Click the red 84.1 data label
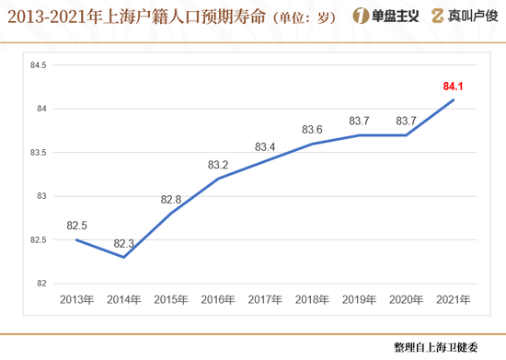pyautogui.click(x=453, y=87)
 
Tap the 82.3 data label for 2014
pyautogui.click(x=124, y=244)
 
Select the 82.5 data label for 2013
pyautogui.click(x=77, y=226)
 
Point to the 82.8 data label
pyautogui.click(x=171, y=200)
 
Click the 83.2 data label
pyautogui.click(x=218, y=165)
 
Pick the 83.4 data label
pyautogui.click(x=265, y=147)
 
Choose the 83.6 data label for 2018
pyautogui.click(x=312, y=130)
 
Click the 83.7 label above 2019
pyautogui.click(x=359, y=122)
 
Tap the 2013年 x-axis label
pyautogui.click(x=76, y=299)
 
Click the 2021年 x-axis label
pyautogui.click(x=452, y=299)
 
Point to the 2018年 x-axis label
pyautogui.click(x=311, y=299)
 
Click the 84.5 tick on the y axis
pyautogui.click(x=39, y=65)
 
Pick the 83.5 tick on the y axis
pyautogui.click(x=39, y=152)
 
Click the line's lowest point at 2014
pyautogui.click(x=123, y=257)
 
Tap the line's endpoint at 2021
pyautogui.click(x=452, y=100)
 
